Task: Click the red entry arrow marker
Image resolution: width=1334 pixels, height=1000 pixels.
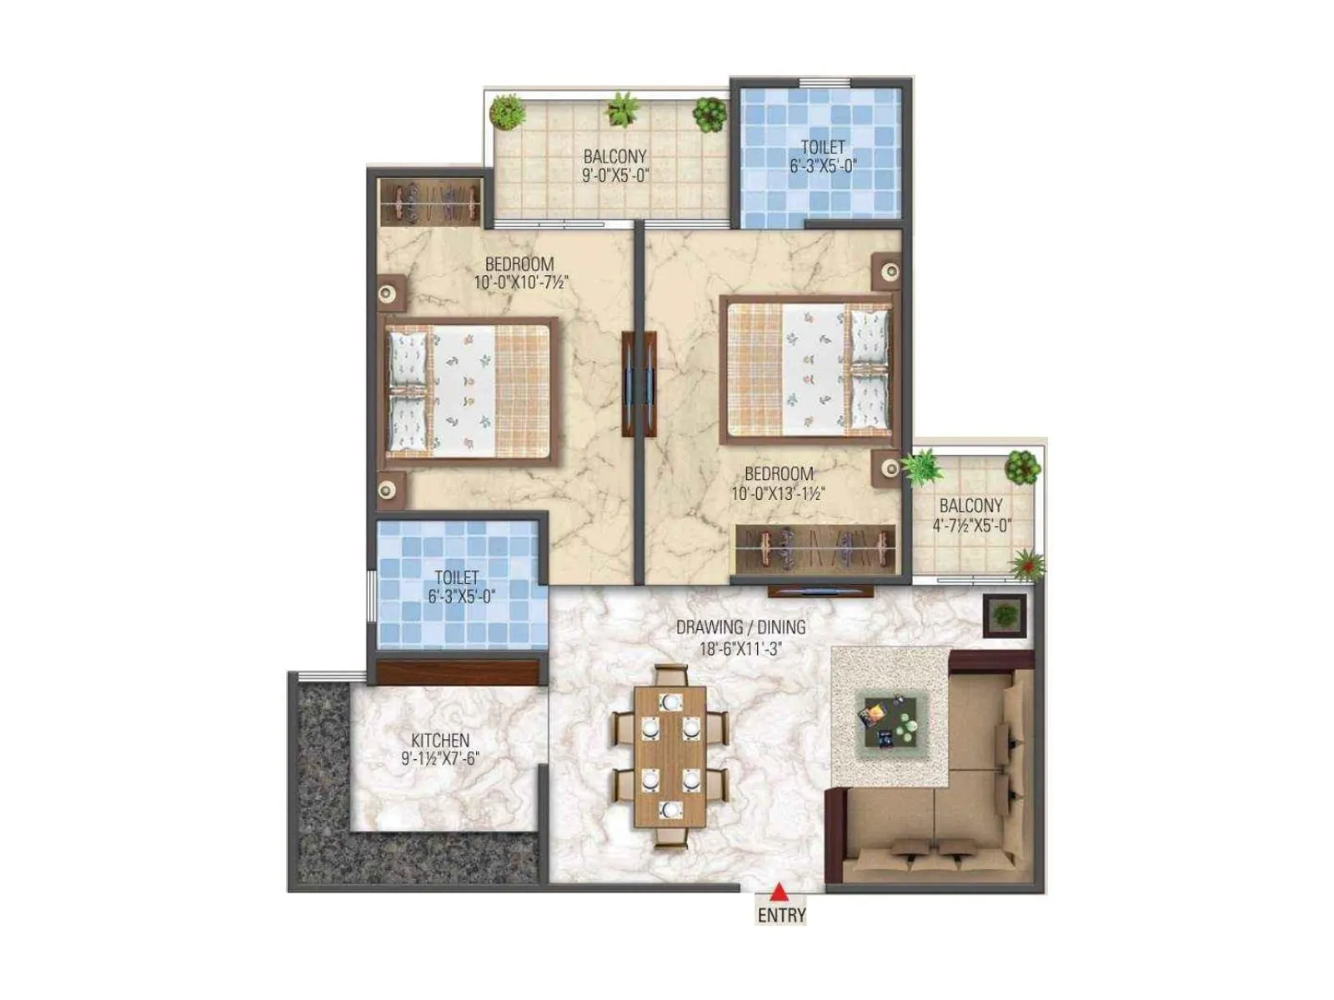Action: coord(779,892)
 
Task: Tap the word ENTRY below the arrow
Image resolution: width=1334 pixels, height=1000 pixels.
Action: coord(781,915)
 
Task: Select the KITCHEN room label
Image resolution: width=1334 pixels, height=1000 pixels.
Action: coord(440,740)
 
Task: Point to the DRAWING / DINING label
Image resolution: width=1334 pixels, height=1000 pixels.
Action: coord(740,627)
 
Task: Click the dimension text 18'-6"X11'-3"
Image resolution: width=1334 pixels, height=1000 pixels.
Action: coord(740,647)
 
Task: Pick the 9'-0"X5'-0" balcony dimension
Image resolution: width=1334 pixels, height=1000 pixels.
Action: coord(615,175)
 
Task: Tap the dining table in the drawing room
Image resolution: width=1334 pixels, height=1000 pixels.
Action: coord(670,755)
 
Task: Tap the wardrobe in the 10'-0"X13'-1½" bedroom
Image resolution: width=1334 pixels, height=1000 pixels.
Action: coord(815,550)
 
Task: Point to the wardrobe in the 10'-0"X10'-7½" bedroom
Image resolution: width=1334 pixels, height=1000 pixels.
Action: coord(430,201)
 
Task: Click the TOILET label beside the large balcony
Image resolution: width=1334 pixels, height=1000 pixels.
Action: coord(823,147)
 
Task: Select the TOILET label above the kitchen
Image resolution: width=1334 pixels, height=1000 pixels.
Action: coord(457,577)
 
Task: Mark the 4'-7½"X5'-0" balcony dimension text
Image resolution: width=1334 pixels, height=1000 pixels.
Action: coord(971,526)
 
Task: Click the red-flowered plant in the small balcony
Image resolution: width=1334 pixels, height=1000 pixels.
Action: coord(1027,564)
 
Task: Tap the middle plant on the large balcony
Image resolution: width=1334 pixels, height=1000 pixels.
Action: coord(620,109)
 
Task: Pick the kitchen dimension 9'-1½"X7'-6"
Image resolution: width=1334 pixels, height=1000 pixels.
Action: coord(440,759)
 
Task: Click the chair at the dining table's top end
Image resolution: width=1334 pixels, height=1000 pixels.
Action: coord(670,673)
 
